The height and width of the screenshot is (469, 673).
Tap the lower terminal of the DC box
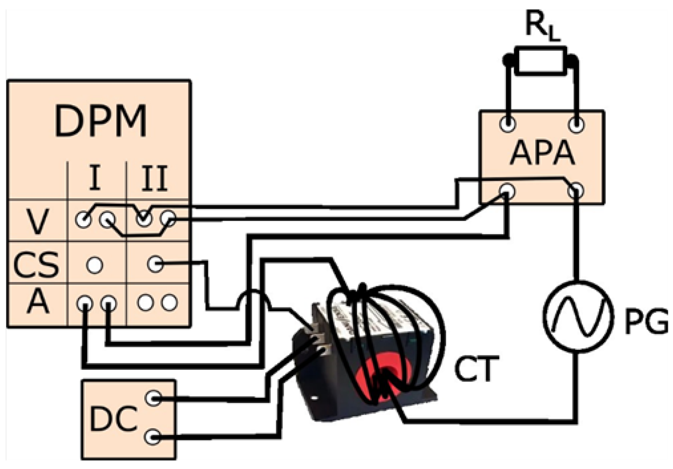click(153, 437)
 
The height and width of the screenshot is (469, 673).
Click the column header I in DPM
click(94, 178)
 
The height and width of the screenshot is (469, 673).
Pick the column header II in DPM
click(154, 178)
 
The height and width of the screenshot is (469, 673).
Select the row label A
click(37, 302)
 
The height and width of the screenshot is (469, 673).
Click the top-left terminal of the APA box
click(508, 124)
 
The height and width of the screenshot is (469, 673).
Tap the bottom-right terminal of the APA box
click(576, 191)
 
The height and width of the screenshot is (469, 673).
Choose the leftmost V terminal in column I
click(83, 219)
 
